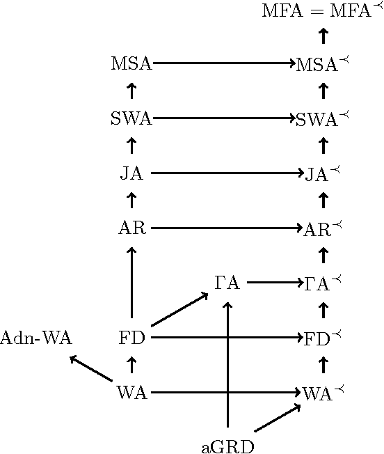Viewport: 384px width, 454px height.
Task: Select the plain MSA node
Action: click(x=131, y=64)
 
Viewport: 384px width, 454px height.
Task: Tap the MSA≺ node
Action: click(x=321, y=64)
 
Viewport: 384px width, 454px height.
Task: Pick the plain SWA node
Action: click(x=131, y=118)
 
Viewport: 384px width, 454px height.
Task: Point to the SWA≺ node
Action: click(x=321, y=118)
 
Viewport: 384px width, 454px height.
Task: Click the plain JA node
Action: click(x=131, y=173)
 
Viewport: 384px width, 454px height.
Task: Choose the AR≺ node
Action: click(x=321, y=228)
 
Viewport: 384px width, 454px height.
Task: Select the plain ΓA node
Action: click(x=227, y=283)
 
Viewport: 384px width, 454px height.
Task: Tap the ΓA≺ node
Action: click(x=321, y=283)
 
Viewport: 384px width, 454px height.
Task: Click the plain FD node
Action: click(x=131, y=338)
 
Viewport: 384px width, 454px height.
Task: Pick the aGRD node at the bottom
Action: click(x=227, y=446)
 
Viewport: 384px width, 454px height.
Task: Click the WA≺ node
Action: click(x=321, y=393)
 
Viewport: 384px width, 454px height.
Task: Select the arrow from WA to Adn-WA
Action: click(x=92, y=369)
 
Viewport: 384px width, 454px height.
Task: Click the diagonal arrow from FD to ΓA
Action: click(x=179, y=310)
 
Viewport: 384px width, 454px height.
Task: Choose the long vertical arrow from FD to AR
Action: click(x=131, y=282)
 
